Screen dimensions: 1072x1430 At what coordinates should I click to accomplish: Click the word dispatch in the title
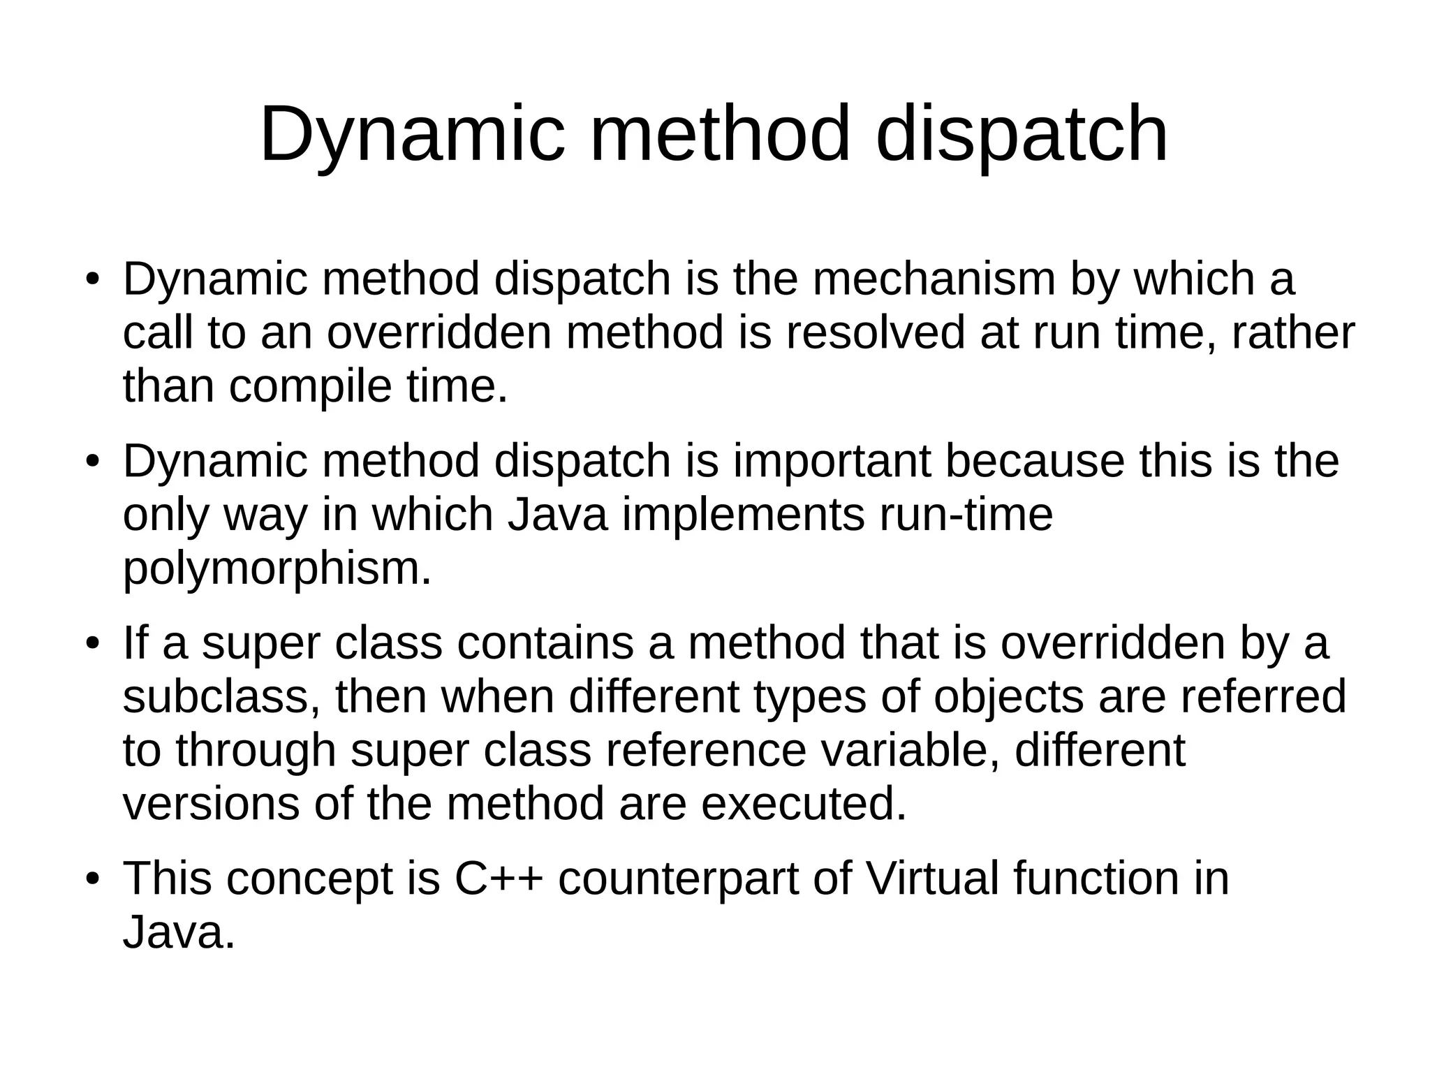point(1022,134)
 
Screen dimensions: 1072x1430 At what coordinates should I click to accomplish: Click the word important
point(832,461)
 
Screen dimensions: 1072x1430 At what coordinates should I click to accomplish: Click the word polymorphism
point(277,570)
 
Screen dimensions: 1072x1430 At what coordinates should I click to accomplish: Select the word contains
point(545,643)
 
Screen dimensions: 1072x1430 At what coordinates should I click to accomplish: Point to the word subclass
point(222,697)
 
